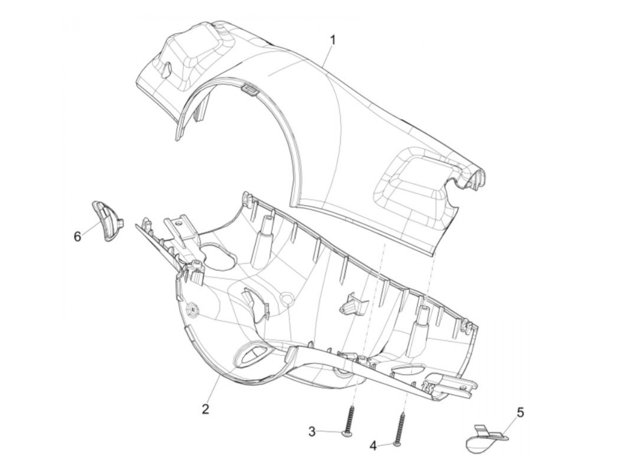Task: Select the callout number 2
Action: (205, 409)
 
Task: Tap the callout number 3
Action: (312, 432)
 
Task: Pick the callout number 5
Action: (520, 413)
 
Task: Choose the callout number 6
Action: (77, 236)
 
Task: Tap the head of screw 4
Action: (397, 444)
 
